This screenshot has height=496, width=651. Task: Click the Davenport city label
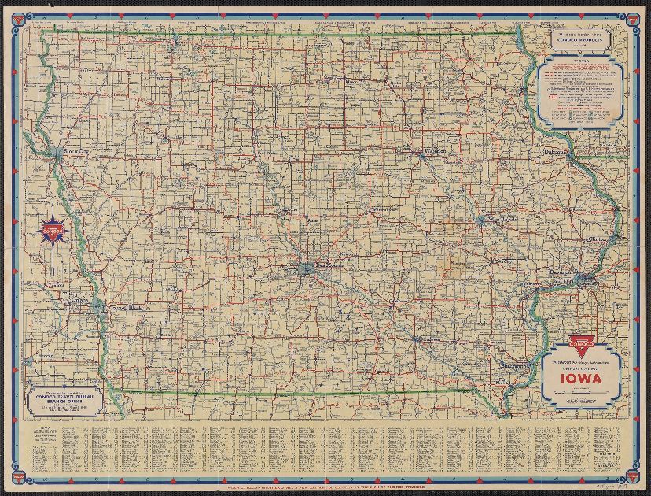point(584,270)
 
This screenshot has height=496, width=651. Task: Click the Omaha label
point(77,300)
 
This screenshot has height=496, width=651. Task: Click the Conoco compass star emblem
point(53,229)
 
